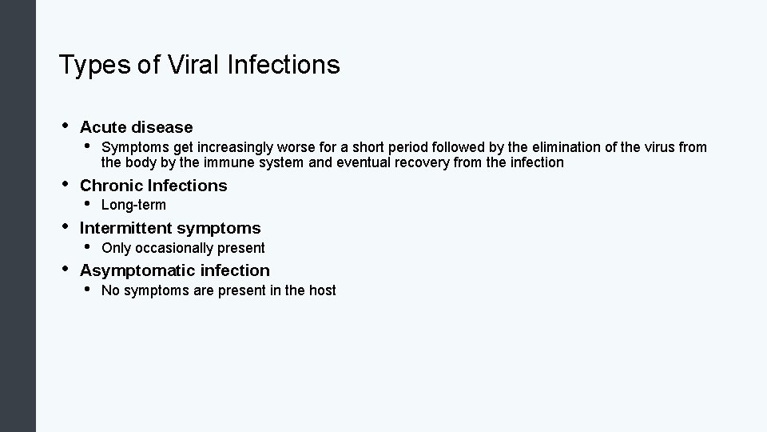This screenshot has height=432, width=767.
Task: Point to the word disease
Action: (162, 127)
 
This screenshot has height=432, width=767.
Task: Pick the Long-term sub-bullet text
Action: (133, 205)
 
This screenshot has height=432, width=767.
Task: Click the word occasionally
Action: (174, 248)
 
